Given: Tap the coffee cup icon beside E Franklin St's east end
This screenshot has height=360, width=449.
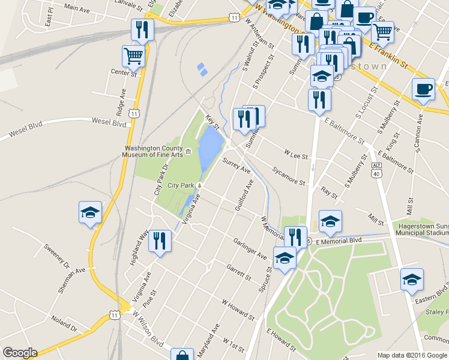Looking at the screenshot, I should tap(423, 89).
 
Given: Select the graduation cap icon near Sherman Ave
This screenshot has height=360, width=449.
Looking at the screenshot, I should tap(90, 212).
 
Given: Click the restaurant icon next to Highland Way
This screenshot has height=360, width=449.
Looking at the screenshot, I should tap(160, 241).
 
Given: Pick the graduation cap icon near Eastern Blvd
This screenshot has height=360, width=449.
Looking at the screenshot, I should tap(412, 280).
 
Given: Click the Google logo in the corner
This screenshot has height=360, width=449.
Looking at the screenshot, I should tap(20, 353).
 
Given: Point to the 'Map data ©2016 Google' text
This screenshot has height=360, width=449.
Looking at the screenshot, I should tap(411, 355).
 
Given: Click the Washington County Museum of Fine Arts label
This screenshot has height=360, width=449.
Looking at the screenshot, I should tap(154, 151).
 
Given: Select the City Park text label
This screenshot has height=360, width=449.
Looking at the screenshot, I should tap(181, 185).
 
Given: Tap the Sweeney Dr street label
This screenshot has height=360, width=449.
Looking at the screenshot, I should tap(56, 256).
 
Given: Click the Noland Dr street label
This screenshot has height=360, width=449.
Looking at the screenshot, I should tap(64, 324).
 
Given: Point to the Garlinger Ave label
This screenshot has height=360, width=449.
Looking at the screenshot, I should tap(250, 248).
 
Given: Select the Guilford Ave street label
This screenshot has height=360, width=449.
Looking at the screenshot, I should tap(244, 199).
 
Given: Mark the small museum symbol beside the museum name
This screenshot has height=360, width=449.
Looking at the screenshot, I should tap(188, 151).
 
